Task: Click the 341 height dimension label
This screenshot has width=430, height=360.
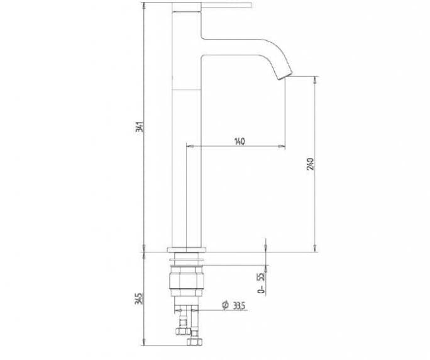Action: (x=140, y=127)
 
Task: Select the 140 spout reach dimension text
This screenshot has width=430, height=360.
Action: (x=240, y=142)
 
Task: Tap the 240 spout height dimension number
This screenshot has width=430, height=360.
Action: (x=310, y=164)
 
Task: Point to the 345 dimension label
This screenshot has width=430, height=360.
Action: (x=138, y=298)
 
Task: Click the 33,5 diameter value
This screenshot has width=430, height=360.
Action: (x=239, y=306)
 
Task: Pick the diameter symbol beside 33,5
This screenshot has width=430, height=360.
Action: (x=225, y=305)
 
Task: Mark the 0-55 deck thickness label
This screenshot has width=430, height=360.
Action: (x=262, y=283)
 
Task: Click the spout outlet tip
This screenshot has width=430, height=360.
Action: (x=285, y=77)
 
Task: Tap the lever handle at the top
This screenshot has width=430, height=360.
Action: (x=226, y=5)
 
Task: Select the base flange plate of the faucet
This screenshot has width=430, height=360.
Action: (x=187, y=250)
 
